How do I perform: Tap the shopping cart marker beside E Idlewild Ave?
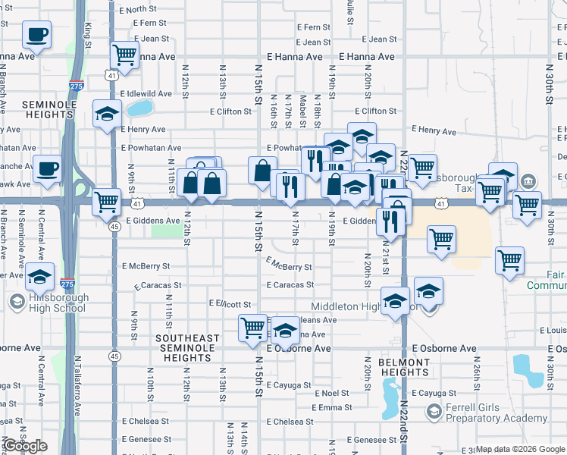[x=124, y=55]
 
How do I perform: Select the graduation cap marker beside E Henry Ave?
[x=107, y=114]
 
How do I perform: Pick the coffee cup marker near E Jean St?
[x=36, y=34]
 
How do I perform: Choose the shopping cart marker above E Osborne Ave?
[x=252, y=328]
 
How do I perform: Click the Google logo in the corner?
[x=25, y=446]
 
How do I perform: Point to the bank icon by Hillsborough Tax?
[x=529, y=182]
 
